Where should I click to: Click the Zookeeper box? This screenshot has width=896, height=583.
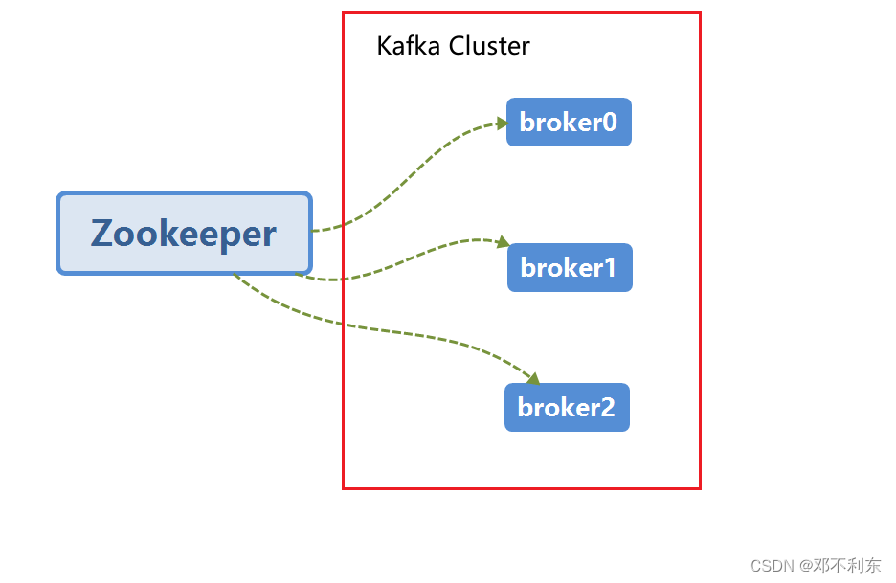(184, 234)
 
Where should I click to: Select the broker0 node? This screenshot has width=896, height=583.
(569, 123)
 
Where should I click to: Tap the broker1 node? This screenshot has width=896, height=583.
(570, 268)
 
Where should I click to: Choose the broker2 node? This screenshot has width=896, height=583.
(567, 408)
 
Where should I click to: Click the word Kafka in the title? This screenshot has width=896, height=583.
(404, 46)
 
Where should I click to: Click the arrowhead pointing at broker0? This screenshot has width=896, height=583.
(502, 123)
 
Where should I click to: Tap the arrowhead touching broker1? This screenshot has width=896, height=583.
(504, 243)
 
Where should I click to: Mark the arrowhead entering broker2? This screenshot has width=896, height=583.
(534, 379)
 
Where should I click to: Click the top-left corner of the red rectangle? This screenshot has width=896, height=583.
(344, 13)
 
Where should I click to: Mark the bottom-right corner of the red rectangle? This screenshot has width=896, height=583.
(700, 488)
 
